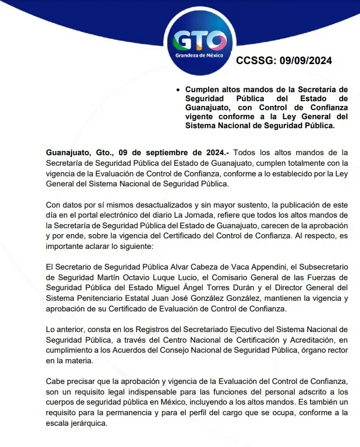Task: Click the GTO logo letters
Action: point(199,40)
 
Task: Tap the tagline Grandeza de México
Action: point(199,56)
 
